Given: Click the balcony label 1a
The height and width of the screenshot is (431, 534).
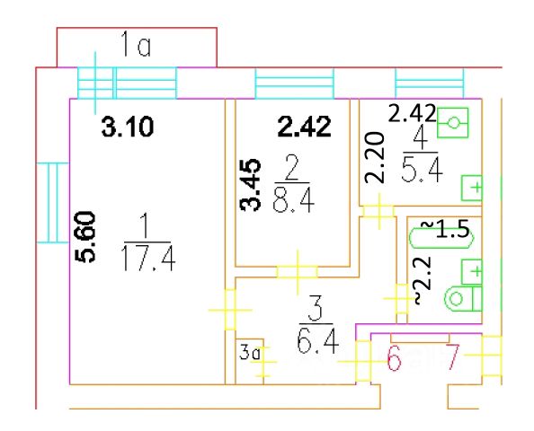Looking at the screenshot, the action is [136, 44].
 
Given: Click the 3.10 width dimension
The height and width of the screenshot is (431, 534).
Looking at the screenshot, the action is [128, 127].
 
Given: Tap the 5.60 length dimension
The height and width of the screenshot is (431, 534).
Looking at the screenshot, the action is [85, 237].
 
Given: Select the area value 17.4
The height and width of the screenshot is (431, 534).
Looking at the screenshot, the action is [148, 259].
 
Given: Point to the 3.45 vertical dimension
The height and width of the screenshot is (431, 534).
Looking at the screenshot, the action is [251, 185].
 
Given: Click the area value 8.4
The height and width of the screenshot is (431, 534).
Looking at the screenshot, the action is [293, 201].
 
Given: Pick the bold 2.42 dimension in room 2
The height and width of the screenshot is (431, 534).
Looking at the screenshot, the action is [304, 127].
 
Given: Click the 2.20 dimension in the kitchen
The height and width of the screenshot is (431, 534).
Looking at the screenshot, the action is [375, 157].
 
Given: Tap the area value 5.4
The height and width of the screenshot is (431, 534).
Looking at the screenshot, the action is [422, 171].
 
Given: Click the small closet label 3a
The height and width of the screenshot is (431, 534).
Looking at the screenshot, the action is [250, 352].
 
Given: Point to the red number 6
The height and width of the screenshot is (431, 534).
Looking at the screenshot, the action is [394, 357].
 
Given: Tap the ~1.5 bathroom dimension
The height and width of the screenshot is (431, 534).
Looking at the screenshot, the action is [445, 229].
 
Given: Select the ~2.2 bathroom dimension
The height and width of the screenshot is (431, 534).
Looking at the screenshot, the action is [423, 280].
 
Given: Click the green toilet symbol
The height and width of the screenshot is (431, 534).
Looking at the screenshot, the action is [464, 299].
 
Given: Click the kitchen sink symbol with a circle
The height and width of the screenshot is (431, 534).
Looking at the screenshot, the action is [453, 123].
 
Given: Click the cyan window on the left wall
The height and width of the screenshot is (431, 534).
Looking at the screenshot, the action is [53, 203].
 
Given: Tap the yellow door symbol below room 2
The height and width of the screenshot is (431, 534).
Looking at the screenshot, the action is [298, 272].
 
